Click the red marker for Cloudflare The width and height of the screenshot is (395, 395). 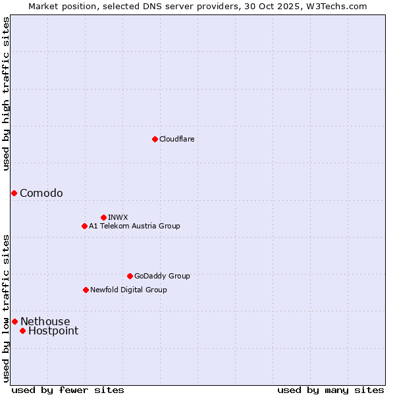[x=155, y=139]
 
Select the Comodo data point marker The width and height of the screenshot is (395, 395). [x=14, y=193]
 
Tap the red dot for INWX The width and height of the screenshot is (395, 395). [x=103, y=217]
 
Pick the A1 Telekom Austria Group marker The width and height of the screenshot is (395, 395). [x=84, y=226]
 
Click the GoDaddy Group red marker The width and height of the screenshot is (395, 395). [x=130, y=276]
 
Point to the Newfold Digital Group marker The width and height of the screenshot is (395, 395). [x=86, y=290]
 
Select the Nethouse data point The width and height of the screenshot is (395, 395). [x=14, y=321]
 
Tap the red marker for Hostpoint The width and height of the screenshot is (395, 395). [x=22, y=330]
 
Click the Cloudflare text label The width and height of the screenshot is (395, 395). [x=176, y=139]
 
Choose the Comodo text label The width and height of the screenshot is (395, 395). [x=41, y=193]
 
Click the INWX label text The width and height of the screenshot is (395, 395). [x=118, y=217]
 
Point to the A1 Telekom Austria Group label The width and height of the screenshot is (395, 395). [x=134, y=226]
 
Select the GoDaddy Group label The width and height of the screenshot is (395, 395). [x=162, y=276]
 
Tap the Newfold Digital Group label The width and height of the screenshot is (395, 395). [x=128, y=290]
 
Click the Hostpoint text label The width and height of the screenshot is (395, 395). [x=53, y=330]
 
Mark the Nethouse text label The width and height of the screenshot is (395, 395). [x=45, y=321]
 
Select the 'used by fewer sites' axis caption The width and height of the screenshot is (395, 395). [x=68, y=390]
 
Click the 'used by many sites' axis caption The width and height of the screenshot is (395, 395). [x=330, y=390]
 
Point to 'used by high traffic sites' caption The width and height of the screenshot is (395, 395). [x=6, y=93]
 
